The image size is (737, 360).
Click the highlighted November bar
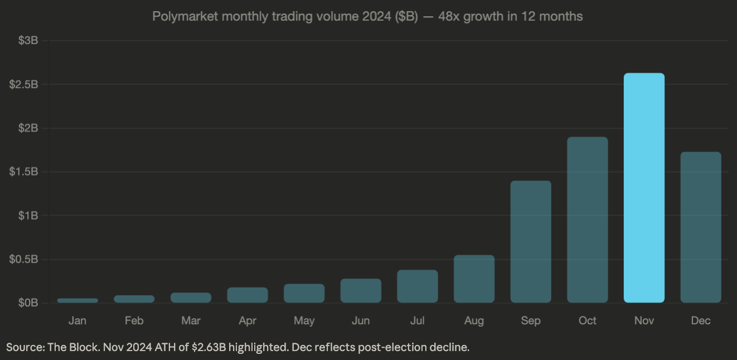[x=644, y=188]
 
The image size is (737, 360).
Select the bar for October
[x=587, y=220]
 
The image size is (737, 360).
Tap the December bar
[x=701, y=227]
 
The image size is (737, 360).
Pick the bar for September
[x=531, y=242]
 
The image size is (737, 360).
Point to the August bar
[x=474, y=279]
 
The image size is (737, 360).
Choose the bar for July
[x=417, y=286]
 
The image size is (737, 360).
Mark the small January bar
[x=77, y=300]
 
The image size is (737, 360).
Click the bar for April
[x=248, y=295]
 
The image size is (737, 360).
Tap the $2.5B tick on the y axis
[x=23, y=85]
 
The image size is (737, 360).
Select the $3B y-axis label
[x=27, y=41]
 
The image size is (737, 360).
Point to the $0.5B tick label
[x=23, y=260]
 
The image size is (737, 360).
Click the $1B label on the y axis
[x=27, y=216]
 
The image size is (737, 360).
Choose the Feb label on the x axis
[x=134, y=320]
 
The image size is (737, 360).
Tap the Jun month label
[x=361, y=320]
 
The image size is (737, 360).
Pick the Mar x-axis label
[x=191, y=320]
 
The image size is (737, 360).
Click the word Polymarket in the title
[x=184, y=16]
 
